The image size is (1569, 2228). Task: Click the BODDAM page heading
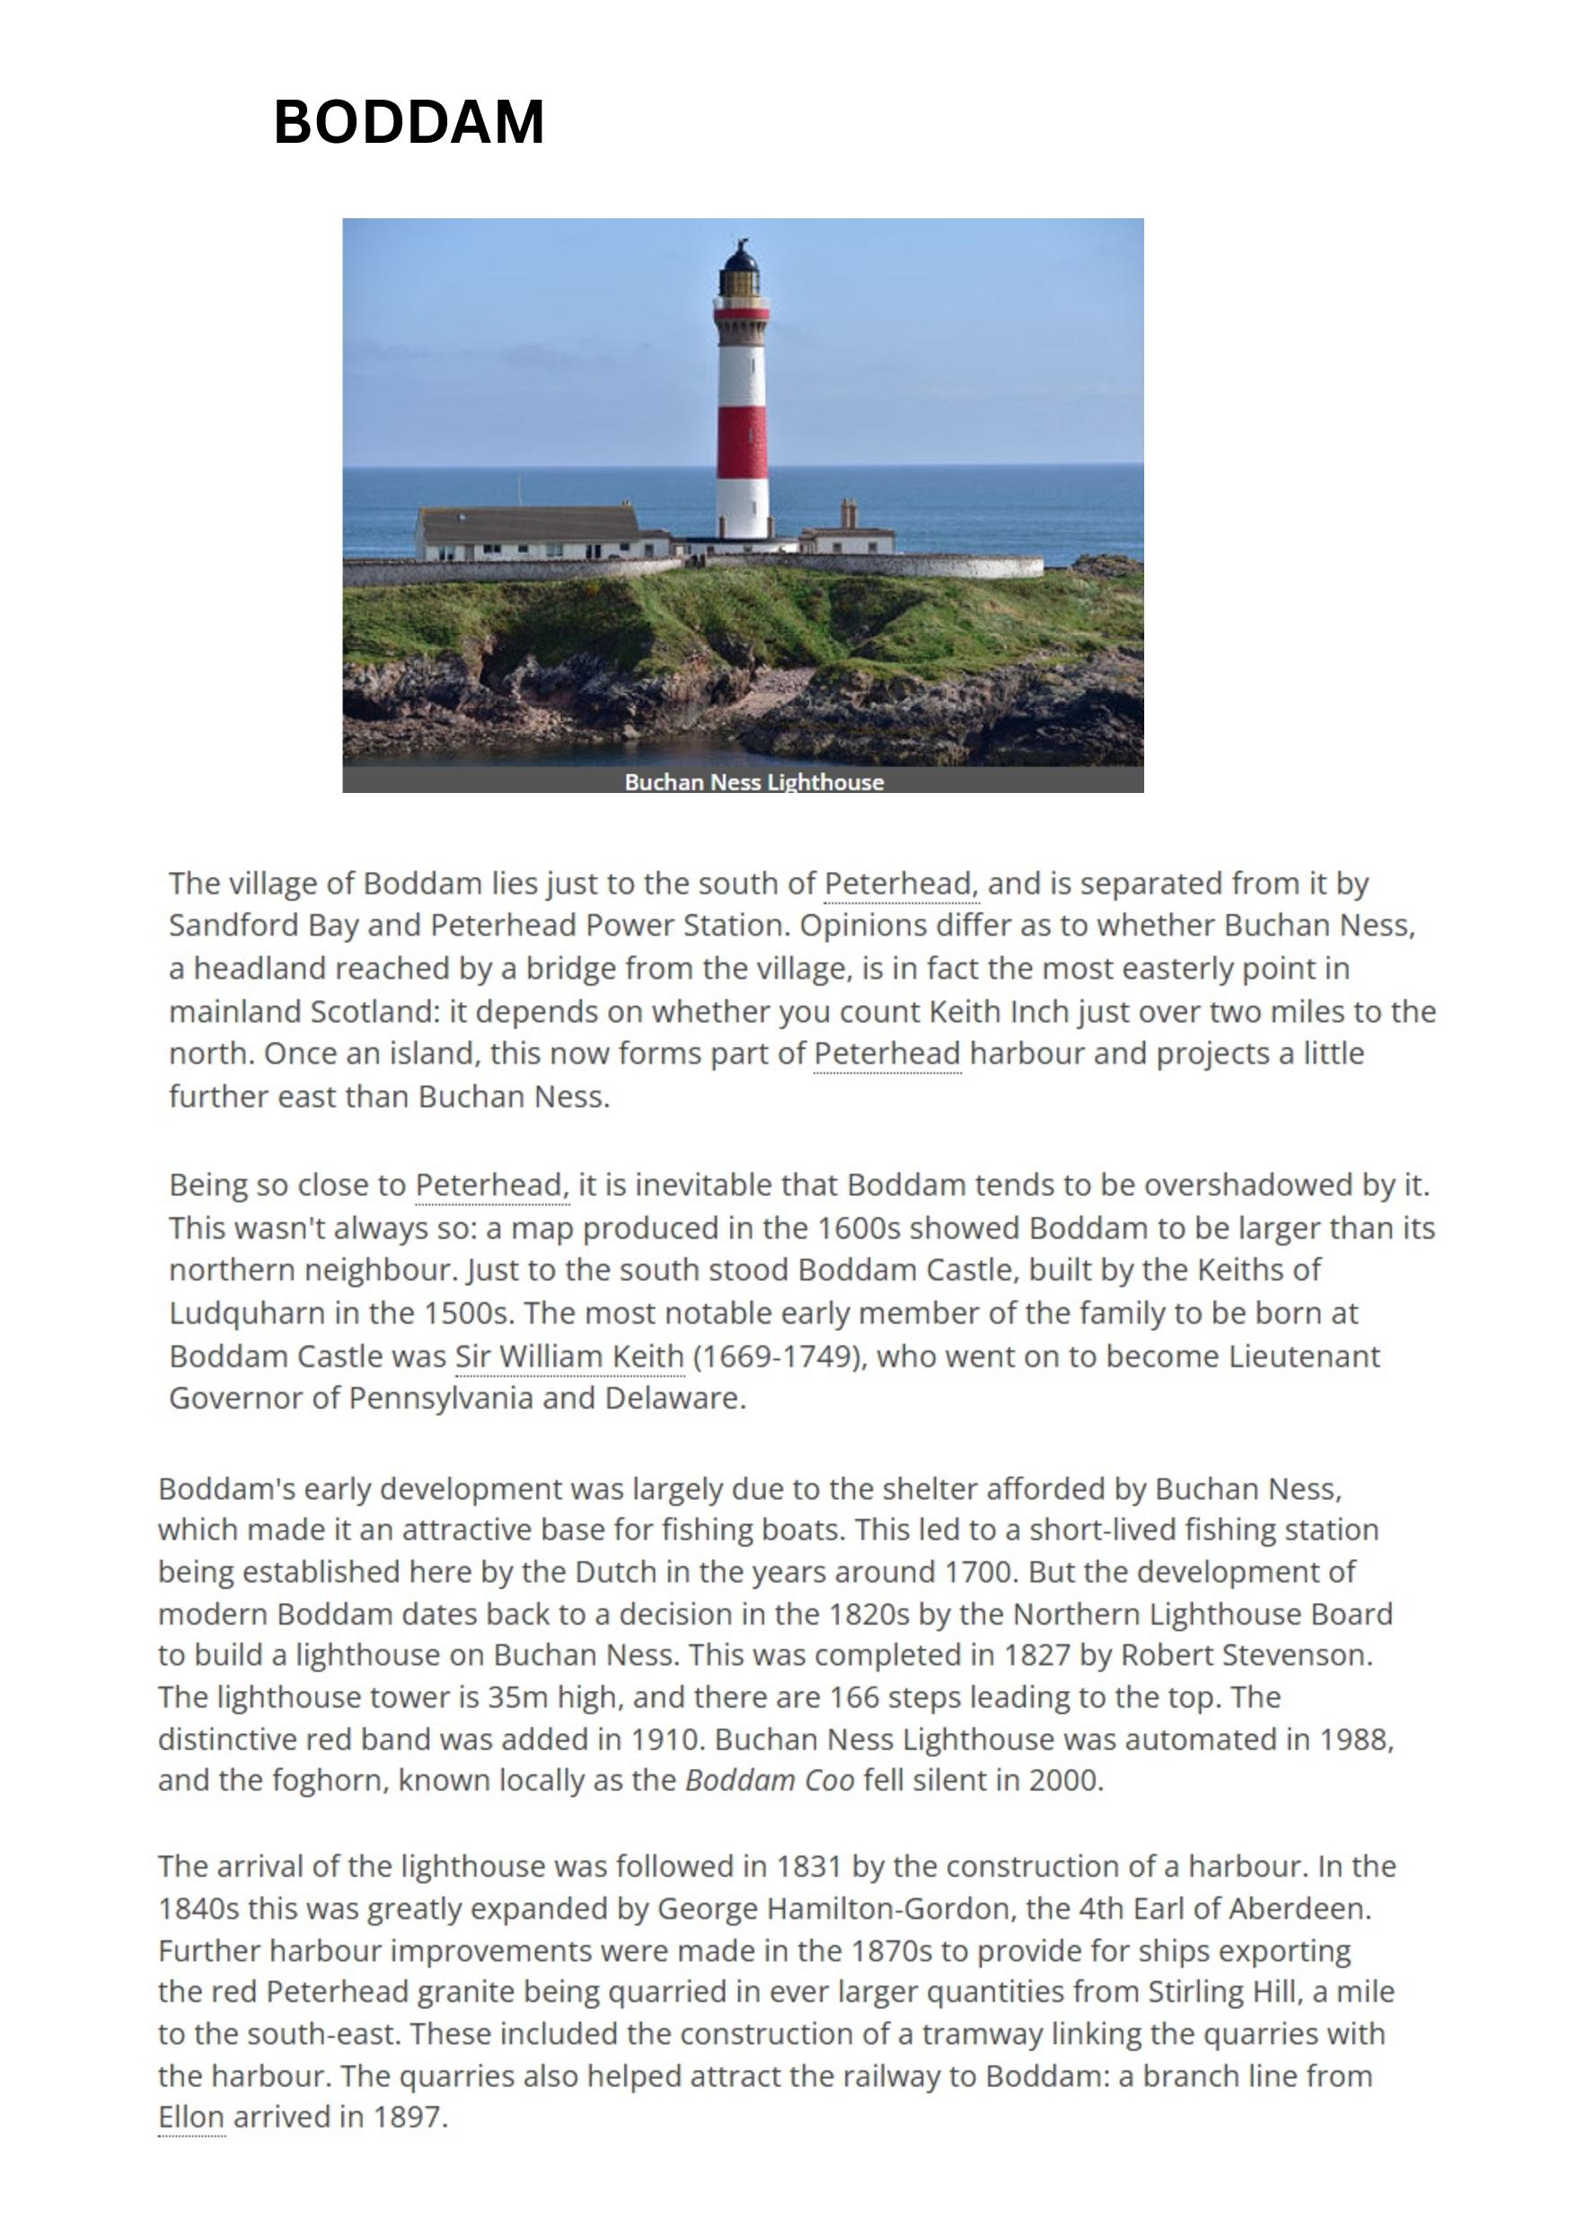pyautogui.click(x=409, y=122)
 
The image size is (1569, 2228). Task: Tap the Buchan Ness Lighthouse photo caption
pyautogui.click(x=753, y=782)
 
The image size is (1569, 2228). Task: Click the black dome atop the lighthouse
pyautogui.click(x=739, y=257)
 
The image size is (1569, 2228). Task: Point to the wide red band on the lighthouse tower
pyautogui.click(x=743, y=443)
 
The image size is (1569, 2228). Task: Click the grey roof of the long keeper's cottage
pyautogui.click(x=529, y=524)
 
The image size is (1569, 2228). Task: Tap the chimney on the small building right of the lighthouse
pyautogui.click(x=848, y=514)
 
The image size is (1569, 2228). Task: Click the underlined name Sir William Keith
pyautogui.click(x=569, y=1356)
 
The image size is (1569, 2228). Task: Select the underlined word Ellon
pyautogui.click(x=191, y=2117)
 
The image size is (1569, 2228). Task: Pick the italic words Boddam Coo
pyautogui.click(x=770, y=1781)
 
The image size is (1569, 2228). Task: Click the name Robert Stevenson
pyautogui.click(x=1246, y=1654)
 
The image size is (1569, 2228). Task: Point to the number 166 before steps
pyautogui.click(x=853, y=1697)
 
